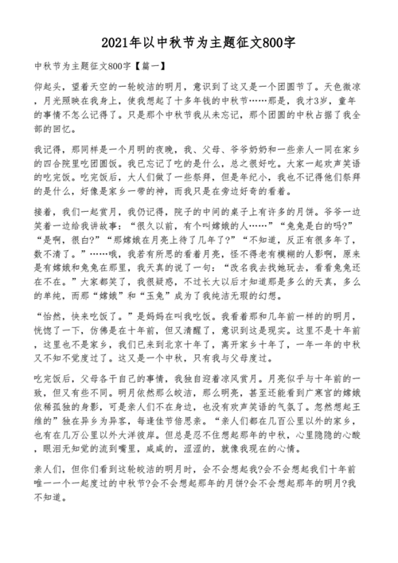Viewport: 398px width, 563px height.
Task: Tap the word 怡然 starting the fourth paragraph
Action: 49,337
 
